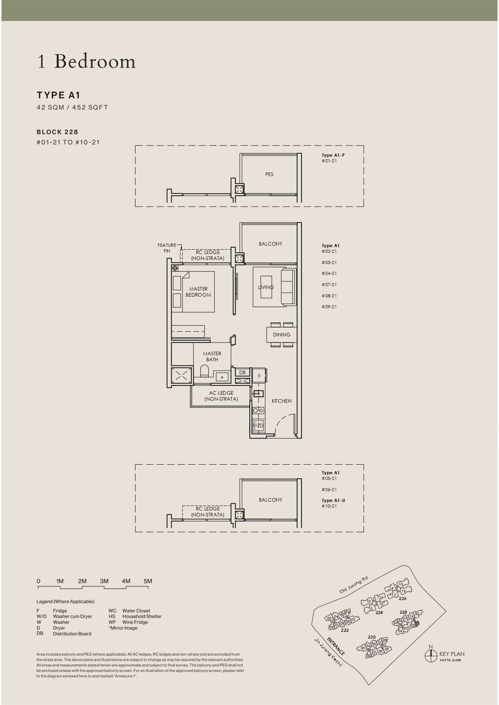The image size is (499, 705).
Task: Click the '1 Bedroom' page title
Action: pos(86,61)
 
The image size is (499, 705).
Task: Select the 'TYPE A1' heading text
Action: pos(58,95)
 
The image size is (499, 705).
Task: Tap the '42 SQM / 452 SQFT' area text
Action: pos(72,107)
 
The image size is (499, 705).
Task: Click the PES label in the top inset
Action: pos(269,174)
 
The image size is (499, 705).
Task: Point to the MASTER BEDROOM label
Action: pos(198,292)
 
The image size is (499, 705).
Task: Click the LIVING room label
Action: pos(266,287)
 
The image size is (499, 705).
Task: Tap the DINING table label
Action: pos(281,334)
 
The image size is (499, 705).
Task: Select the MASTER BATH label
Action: pos(212,357)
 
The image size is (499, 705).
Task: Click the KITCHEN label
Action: pos(281,401)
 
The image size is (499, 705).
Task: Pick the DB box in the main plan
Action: pos(242,373)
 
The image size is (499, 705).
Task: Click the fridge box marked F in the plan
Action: pos(259,376)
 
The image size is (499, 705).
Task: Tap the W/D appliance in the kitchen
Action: pos(259,425)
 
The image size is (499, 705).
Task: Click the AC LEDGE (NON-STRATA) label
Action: pos(221,396)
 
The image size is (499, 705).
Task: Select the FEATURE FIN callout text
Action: pos(166,248)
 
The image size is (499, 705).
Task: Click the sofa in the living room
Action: pos(288,287)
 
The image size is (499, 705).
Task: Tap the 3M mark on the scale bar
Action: pos(104,581)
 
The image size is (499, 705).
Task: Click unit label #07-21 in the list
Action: pos(329,285)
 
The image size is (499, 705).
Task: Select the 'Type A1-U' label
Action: pos(333,500)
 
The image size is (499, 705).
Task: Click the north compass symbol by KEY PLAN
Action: pos(431,656)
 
